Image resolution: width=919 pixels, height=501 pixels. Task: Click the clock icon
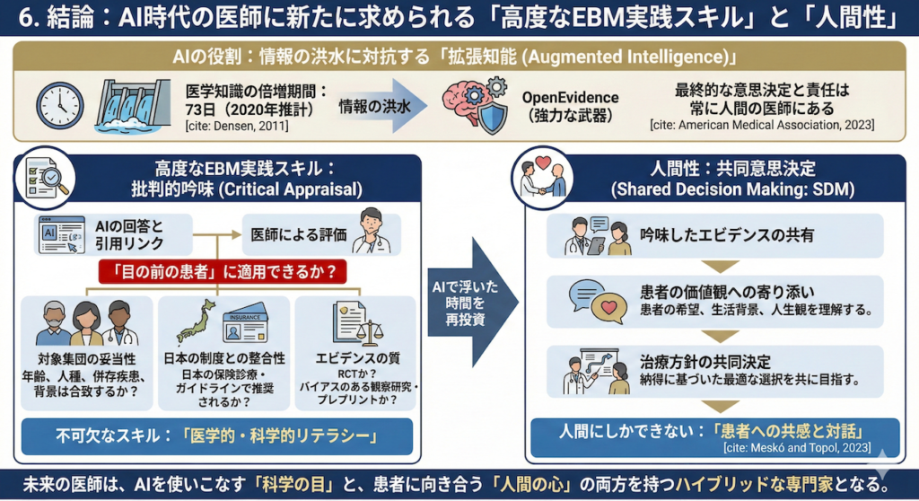coord(61,104)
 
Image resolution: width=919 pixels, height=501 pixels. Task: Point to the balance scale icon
coord(369,333)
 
